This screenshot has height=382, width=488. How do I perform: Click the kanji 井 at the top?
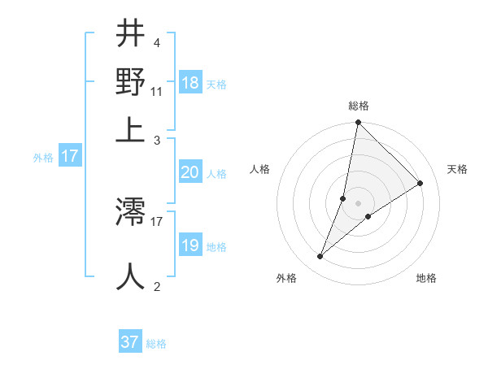click(x=131, y=34)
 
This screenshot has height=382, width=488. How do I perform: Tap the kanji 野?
click(x=131, y=82)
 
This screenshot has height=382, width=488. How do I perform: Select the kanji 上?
click(x=131, y=128)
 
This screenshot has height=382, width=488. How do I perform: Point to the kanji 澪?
click(x=131, y=213)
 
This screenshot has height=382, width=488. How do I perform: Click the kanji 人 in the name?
click(x=131, y=276)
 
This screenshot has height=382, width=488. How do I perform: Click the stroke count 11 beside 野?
click(x=157, y=91)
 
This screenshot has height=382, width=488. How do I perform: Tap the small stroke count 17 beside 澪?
click(x=157, y=220)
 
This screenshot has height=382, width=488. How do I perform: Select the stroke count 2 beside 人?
click(x=156, y=285)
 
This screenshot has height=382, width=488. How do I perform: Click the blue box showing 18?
click(x=190, y=83)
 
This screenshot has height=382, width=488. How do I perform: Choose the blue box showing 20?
click(x=190, y=172)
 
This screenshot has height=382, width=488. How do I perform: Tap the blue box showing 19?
click(x=190, y=245)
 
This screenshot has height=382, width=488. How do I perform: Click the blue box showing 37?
click(x=130, y=342)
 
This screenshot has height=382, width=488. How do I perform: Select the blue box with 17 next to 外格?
click(x=69, y=156)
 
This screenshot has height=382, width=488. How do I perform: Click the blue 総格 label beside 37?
click(x=156, y=344)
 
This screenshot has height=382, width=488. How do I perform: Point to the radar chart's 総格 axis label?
click(x=359, y=106)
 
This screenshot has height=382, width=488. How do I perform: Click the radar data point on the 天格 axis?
click(x=420, y=184)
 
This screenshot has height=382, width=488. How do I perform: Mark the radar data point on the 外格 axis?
click(x=320, y=257)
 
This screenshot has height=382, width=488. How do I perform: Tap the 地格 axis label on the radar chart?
click(x=426, y=279)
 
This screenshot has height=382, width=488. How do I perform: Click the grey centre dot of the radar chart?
click(x=359, y=203)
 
